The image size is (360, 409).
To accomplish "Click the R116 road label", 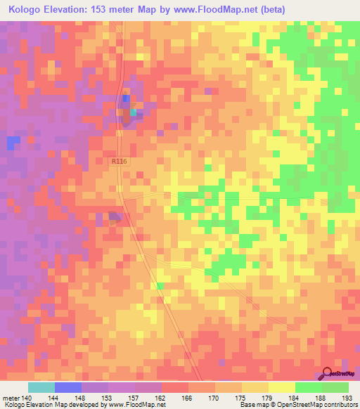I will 120,162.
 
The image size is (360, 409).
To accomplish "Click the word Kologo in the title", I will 27,9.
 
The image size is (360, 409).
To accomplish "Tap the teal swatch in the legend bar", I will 41,387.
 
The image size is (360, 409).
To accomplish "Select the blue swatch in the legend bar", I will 67,387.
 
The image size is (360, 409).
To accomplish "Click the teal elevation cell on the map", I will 132,112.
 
